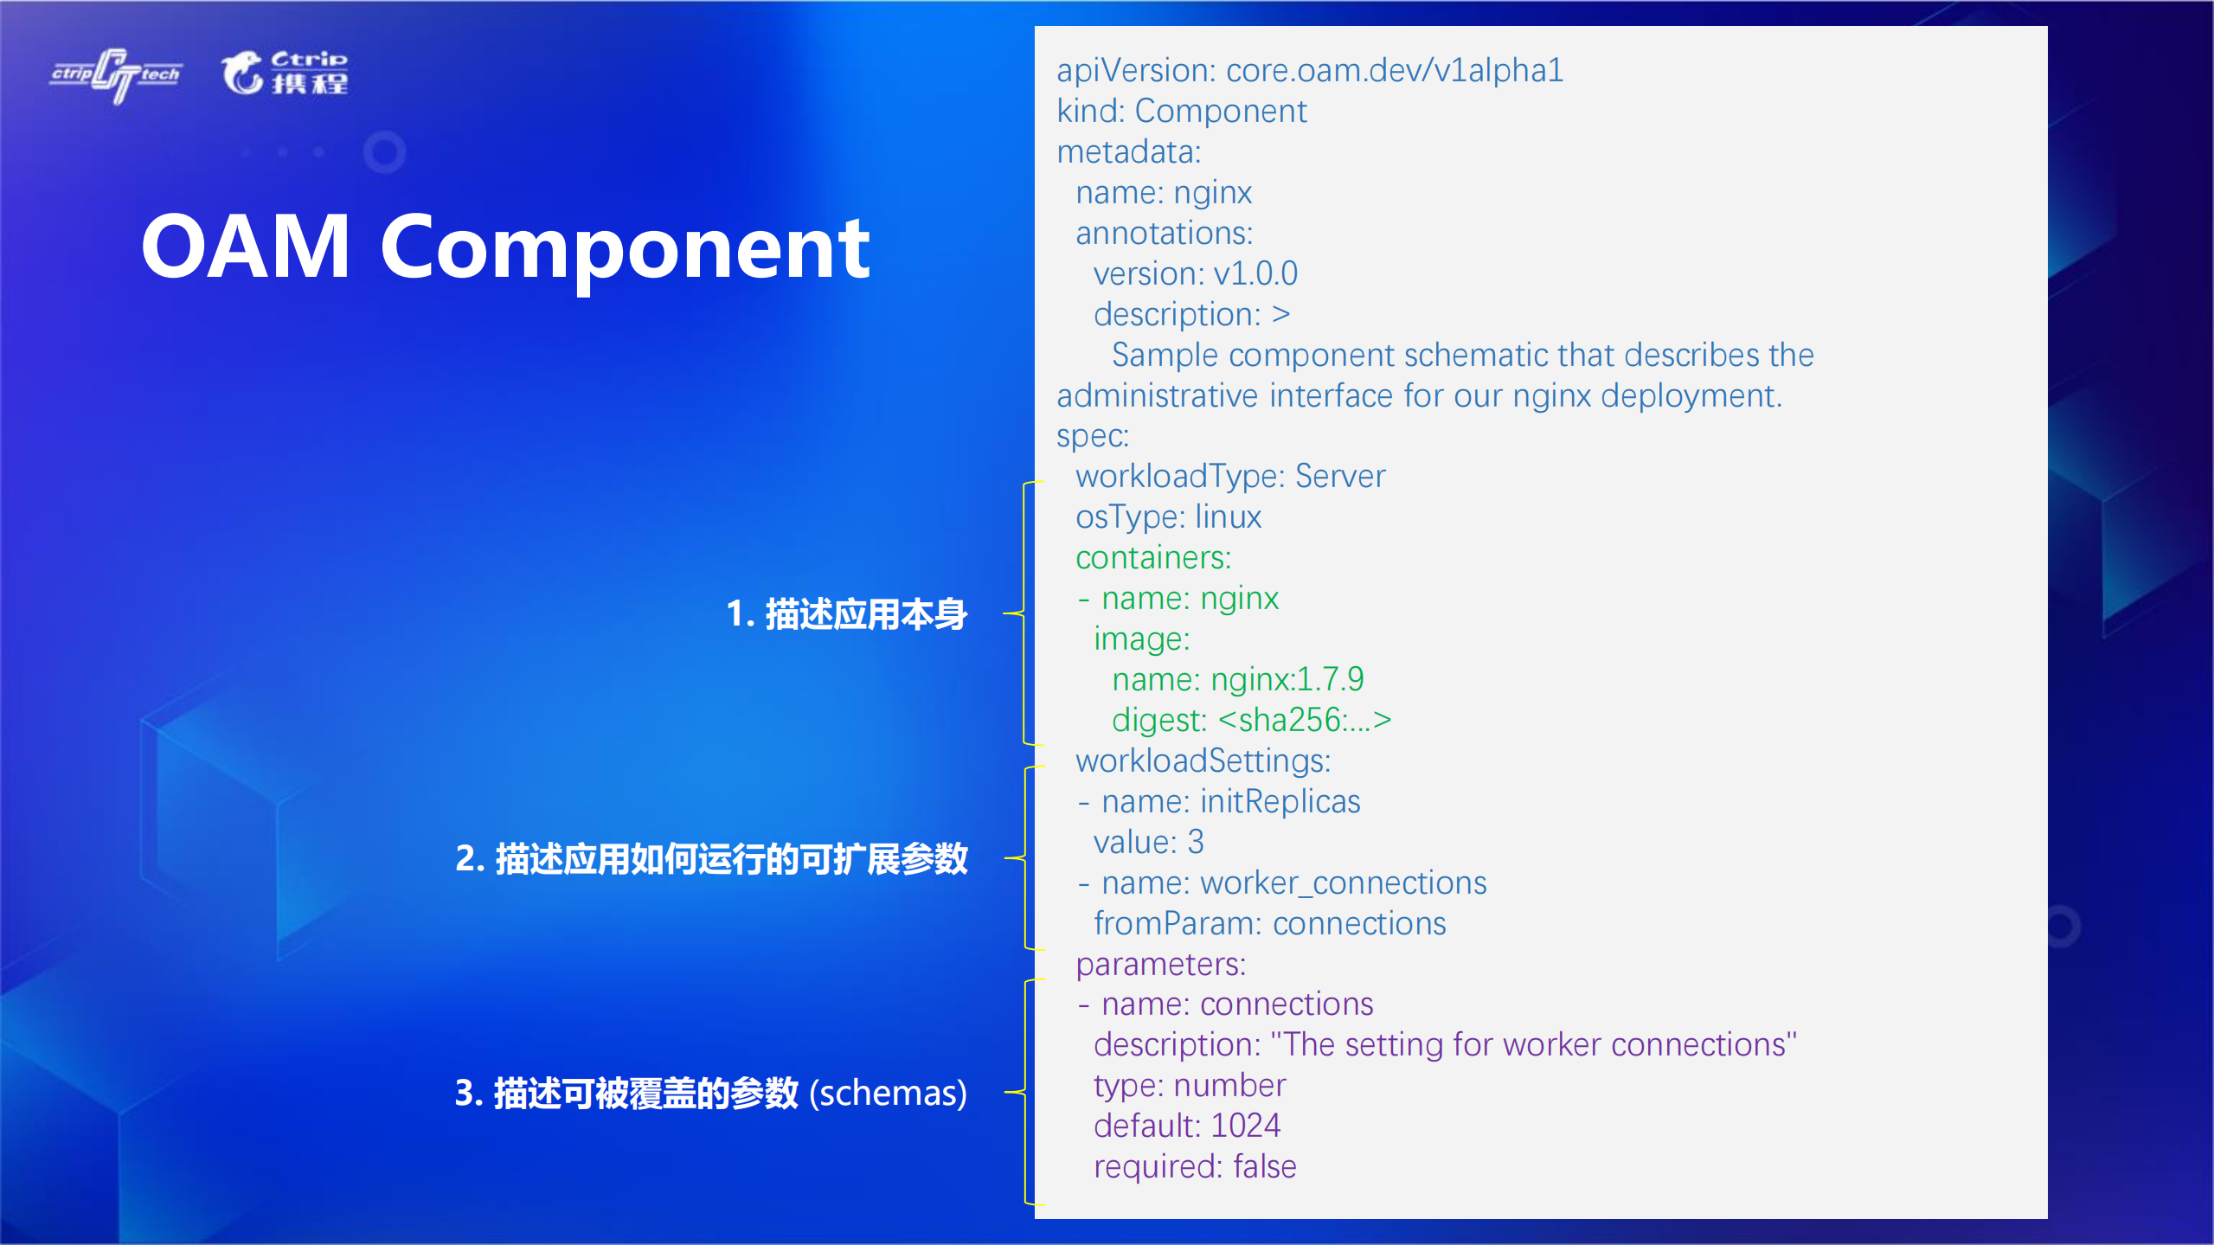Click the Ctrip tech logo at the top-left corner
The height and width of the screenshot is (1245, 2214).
pos(116,75)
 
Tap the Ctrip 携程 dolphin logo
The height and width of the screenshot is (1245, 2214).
pos(285,73)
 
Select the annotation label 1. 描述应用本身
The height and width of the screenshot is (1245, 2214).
pos(846,614)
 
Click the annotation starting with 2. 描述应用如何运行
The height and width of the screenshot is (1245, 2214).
pos(711,859)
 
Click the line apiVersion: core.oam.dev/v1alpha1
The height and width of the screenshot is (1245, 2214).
pos(1309,71)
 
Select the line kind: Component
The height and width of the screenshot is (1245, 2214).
pos(1181,112)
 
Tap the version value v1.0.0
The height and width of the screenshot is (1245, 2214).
pos(1255,274)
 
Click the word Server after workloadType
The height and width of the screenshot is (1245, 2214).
pos(1339,477)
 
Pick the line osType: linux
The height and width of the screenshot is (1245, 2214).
pos(1168,517)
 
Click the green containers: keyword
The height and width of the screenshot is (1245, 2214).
pos(1152,558)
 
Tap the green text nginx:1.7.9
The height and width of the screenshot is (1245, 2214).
pos(1287,680)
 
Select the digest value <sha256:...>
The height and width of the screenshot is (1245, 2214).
pos(1304,721)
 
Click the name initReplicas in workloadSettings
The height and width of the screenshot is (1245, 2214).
pos(1280,802)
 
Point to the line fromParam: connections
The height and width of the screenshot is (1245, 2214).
pos(1269,924)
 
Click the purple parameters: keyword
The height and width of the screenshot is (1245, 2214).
pos(1160,965)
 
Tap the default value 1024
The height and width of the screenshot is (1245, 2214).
pos(1245,1126)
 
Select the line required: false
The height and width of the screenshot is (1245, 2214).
pos(1194,1167)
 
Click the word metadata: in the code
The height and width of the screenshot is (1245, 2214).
pos(1128,152)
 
